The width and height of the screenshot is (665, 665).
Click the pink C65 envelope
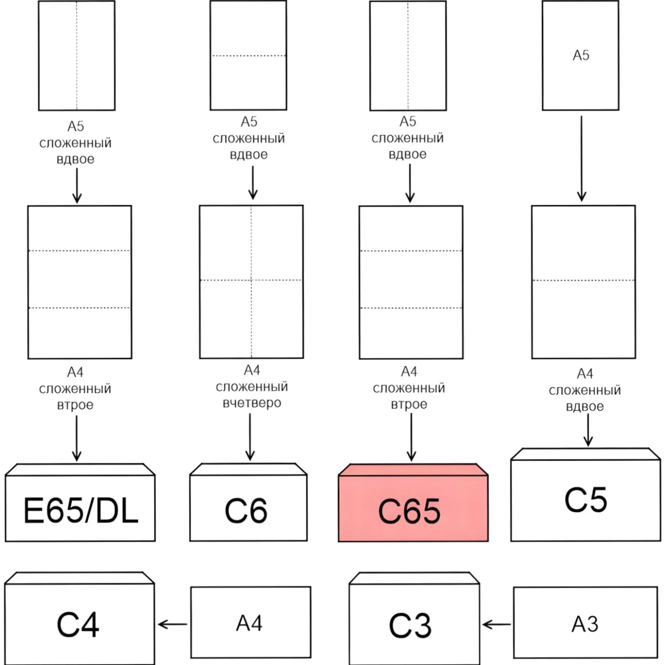pos(413,503)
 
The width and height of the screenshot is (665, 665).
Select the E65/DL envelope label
pos(81,510)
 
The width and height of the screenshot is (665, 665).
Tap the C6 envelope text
pos(246,511)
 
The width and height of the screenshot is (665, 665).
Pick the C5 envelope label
pos(586,500)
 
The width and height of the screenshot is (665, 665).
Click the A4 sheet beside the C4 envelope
pos(250,622)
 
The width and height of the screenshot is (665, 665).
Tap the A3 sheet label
pos(585,624)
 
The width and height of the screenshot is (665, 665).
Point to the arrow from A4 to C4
pos(172,625)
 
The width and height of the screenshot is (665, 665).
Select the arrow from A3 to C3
pos(496,625)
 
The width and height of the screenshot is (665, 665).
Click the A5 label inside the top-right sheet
pos(581,55)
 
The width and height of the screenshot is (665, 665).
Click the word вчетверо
pos(252,403)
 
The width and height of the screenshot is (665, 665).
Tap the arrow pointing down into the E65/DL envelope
pos(77,438)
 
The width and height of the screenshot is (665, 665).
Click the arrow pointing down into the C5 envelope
pos(588,430)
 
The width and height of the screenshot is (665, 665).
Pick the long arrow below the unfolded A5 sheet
pos(582,159)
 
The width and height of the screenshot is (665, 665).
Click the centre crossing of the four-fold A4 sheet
pos(251,280)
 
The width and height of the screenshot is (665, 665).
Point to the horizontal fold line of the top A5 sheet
pos(249,56)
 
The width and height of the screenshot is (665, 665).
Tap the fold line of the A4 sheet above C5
pos(583,280)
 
